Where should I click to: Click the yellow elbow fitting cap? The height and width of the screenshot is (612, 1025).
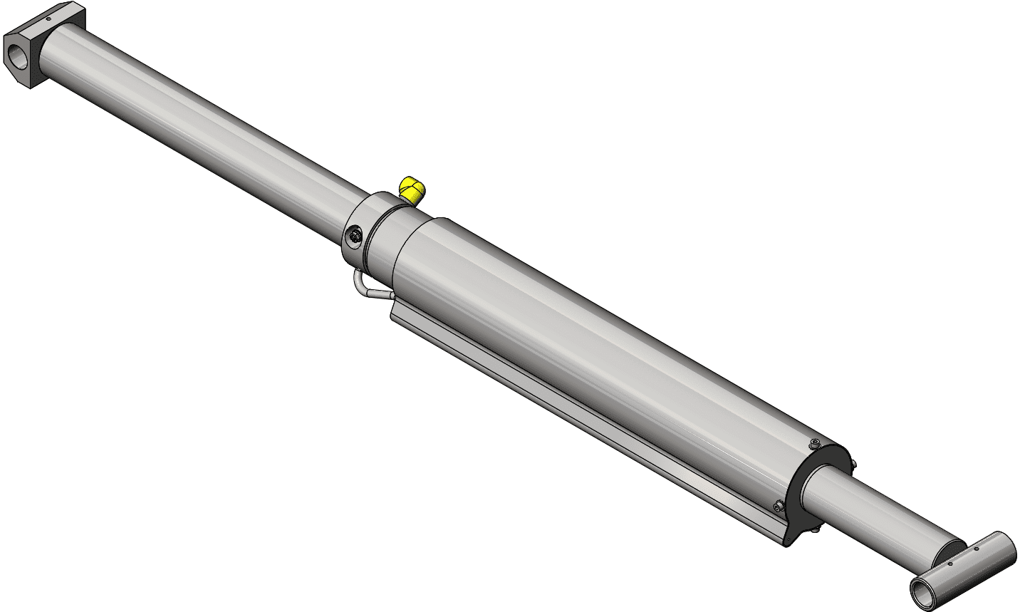412,189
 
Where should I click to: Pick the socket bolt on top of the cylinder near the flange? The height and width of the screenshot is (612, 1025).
814,445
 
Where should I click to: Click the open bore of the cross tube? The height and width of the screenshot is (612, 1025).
923,591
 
